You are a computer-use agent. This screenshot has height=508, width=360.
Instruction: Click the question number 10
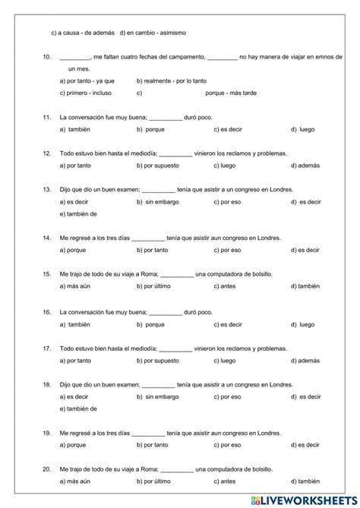pos(46,57)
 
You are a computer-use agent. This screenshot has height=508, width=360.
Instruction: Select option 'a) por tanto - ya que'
pos(87,80)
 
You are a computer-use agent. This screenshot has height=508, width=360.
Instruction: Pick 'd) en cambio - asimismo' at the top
pos(153,33)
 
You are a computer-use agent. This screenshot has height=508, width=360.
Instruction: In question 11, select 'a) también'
pos(74,130)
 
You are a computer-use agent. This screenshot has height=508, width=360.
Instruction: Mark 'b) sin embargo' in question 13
pos(160,202)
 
